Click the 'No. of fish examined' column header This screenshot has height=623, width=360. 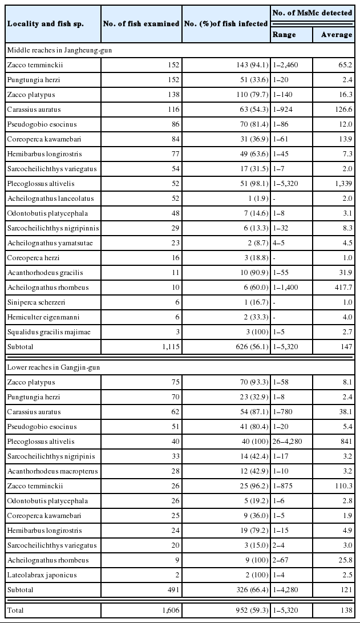click(x=141, y=23)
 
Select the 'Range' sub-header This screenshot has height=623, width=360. click(x=284, y=35)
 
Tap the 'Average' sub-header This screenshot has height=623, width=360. click(x=337, y=35)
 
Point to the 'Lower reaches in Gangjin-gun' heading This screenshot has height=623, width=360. click(x=53, y=367)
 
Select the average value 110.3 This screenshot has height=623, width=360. click(x=343, y=486)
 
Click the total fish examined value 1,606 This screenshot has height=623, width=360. click(x=167, y=610)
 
